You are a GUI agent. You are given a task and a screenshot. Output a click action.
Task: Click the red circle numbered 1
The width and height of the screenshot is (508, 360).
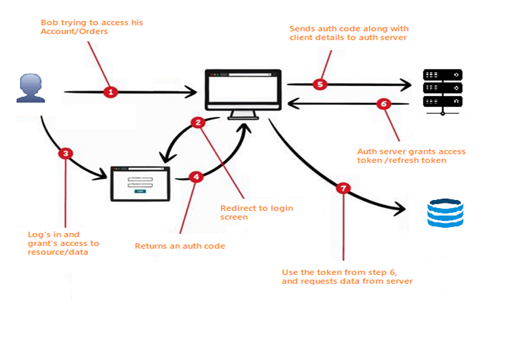point(110,91)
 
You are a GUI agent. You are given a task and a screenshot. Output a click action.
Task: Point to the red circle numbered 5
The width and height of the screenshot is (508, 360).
point(319,84)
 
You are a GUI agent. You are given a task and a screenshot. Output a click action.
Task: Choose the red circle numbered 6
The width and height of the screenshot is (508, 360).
point(383,104)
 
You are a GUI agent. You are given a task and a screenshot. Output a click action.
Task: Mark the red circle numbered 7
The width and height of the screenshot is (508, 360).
point(343,188)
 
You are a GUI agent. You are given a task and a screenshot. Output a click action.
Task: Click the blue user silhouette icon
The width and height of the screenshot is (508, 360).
point(30,89)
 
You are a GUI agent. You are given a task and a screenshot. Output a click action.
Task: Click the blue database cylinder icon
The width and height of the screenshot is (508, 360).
point(445,213)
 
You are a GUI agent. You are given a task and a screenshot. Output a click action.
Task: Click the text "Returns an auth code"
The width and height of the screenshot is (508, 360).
point(180,246)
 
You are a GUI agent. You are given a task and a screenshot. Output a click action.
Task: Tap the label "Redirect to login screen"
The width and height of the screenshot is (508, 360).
point(257,212)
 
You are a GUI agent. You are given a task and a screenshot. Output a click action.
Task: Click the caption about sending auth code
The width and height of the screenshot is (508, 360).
point(349,32)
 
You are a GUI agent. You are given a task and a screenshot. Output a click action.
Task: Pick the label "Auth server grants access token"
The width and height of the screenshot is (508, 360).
point(411,156)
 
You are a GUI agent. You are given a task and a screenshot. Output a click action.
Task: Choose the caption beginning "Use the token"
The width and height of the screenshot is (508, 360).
point(348,277)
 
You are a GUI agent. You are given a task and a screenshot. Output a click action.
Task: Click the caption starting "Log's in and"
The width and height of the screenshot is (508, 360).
point(64,243)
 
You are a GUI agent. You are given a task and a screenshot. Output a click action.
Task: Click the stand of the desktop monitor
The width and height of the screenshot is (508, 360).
point(242,115)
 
